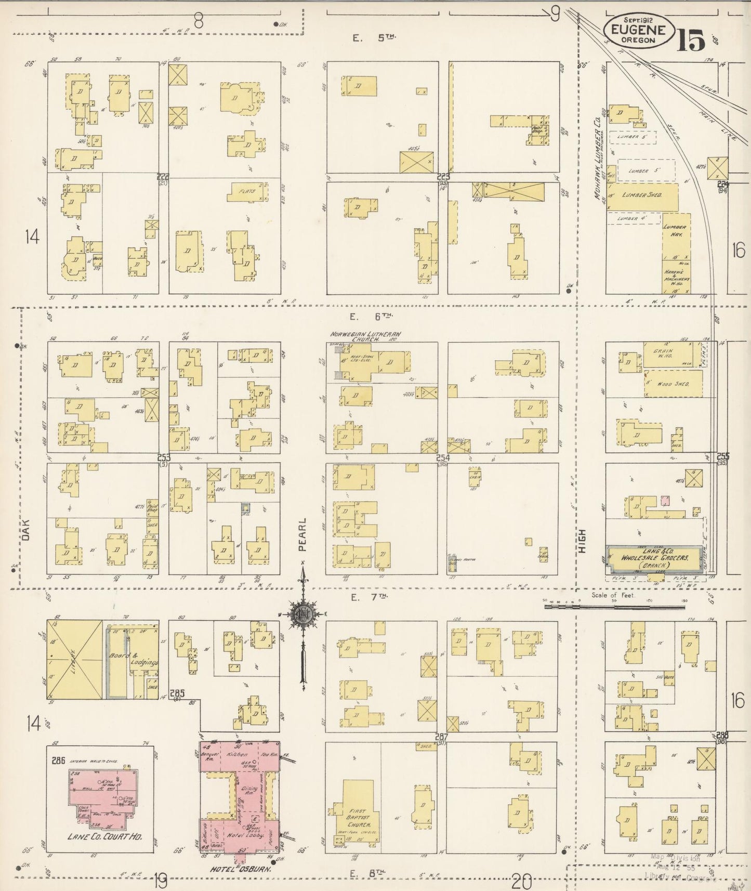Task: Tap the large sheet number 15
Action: (691, 40)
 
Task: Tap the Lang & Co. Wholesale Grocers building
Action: (655, 558)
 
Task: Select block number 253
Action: (164, 457)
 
